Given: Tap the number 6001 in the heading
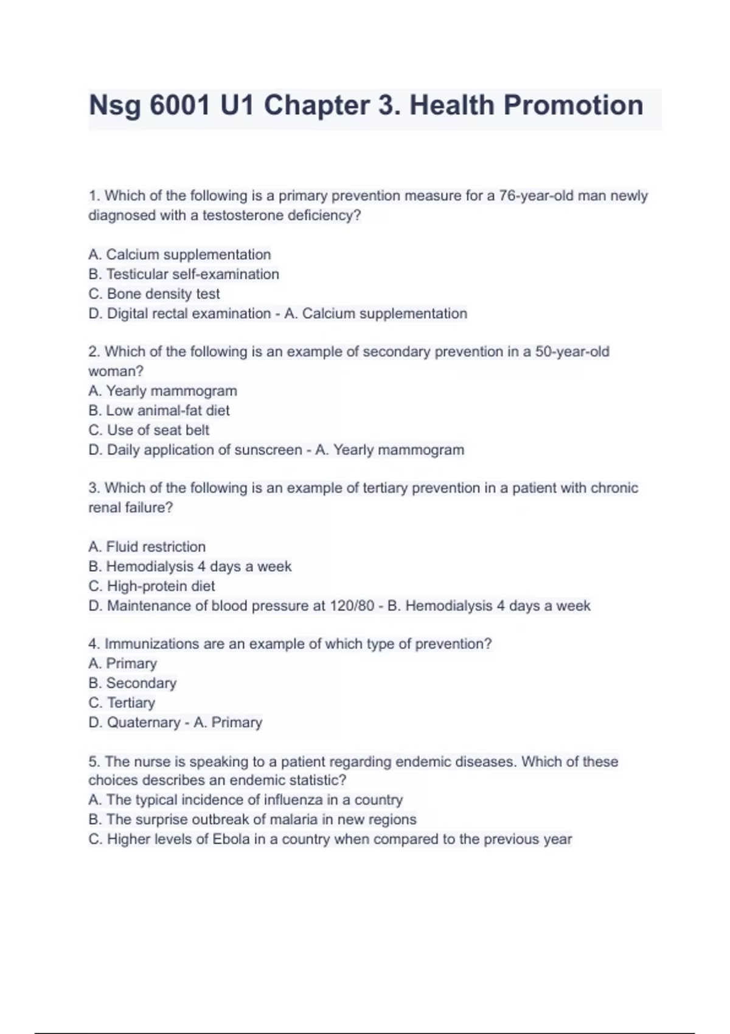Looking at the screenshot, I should pos(179,105).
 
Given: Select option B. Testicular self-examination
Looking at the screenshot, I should pos(184,274).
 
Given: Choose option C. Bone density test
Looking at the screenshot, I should pos(154,294).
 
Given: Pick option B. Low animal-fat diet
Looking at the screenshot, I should pos(159,411).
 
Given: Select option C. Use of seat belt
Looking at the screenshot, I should pos(148,430).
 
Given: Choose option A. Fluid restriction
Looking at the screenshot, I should pos(147,547).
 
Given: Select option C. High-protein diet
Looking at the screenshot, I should pos(151,586).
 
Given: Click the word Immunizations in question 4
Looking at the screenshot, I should pos(151,644).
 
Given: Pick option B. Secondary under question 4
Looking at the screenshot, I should pos(132,683).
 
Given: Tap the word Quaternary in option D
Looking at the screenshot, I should pos(144,723).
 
